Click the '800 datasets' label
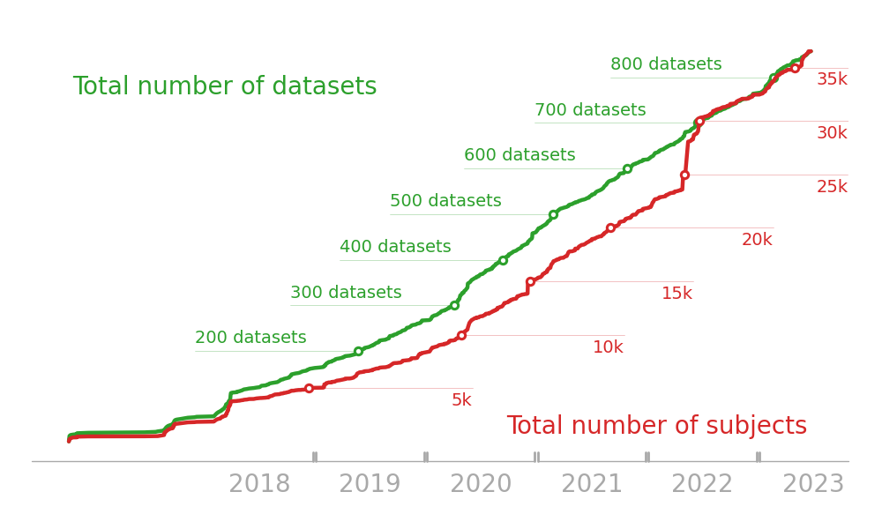tap(666, 64)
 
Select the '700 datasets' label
tap(590, 110)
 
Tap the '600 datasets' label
tap(519, 155)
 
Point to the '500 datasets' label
tap(445, 201)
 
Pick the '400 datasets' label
tap(395, 247)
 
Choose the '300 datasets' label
tap(346, 293)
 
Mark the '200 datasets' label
tap(250, 338)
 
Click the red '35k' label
tap(832, 79)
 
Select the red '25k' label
tap(832, 187)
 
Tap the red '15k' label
tap(676, 294)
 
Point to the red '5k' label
tap(461, 400)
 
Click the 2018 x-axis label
tap(259, 484)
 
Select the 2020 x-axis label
tap(481, 484)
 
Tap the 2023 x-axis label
tap(813, 484)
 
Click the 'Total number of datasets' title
tap(225, 86)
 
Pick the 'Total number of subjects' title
tap(656, 426)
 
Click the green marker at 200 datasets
tap(358, 351)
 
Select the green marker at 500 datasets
tap(553, 214)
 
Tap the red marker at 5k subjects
tap(309, 388)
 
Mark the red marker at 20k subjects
tap(610, 227)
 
